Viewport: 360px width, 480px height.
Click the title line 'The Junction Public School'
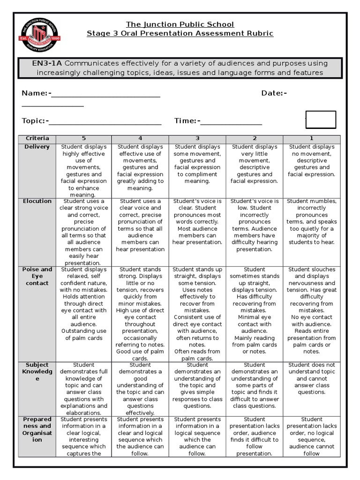(x=180, y=24)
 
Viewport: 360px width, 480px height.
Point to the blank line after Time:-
(x=231, y=123)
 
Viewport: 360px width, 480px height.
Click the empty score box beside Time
(x=321, y=120)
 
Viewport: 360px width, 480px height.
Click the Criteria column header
(x=37, y=138)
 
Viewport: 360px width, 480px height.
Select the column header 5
(x=84, y=138)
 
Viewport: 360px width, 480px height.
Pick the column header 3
(x=197, y=138)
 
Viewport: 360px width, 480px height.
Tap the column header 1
(x=312, y=138)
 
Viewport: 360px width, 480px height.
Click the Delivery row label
(x=37, y=147)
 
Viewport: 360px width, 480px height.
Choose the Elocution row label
(x=37, y=201)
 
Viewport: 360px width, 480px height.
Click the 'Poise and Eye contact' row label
(x=37, y=276)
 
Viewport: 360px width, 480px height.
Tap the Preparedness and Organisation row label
(x=37, y=429)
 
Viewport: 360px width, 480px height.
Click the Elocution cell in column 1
(x=312, y=222)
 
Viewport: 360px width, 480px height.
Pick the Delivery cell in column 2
(x=255, y=164)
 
